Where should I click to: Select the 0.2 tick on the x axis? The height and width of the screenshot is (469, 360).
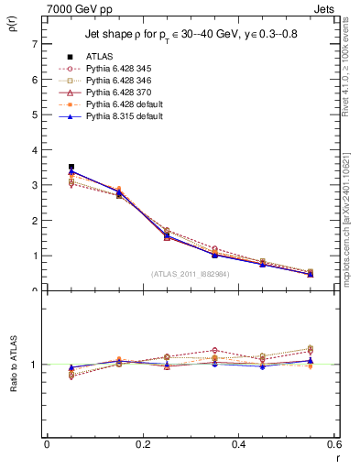(142, 448)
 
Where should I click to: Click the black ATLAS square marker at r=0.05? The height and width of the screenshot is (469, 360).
(71, 167)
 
